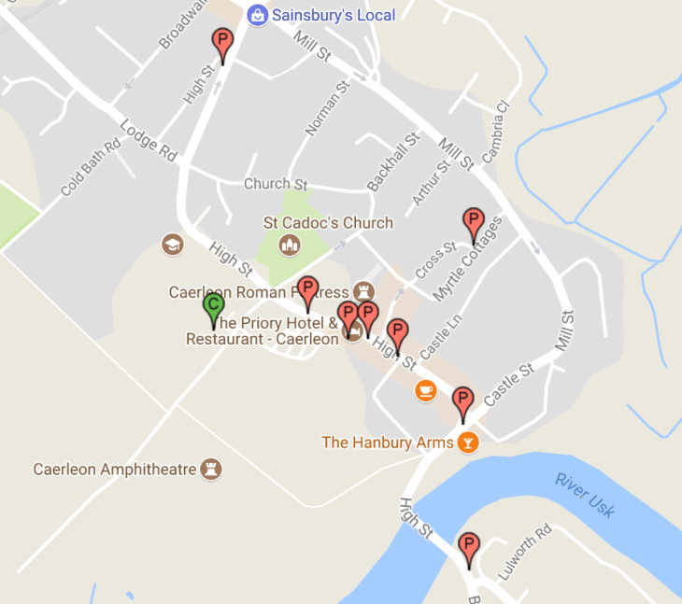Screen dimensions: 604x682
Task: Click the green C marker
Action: [x=213, y=305]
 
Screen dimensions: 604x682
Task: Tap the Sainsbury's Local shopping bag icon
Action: [x=256, y=15]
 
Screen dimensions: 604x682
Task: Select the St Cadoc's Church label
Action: [x=328, y=223]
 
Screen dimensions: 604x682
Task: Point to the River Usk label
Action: [x=584, y=494]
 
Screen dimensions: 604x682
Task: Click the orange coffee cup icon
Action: [x=426, y=389]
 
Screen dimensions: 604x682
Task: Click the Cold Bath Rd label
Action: [x=91, y=168]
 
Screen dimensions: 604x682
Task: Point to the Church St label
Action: [x=276, y=184]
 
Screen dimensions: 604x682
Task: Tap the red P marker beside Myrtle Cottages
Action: [x=473, y=222]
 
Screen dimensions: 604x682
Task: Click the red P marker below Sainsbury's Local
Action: [x=221, y=42]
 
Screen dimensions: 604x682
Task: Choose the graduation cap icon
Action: [x=173, y=245]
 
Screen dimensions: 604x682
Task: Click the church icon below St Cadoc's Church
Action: [x=291, y=246]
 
